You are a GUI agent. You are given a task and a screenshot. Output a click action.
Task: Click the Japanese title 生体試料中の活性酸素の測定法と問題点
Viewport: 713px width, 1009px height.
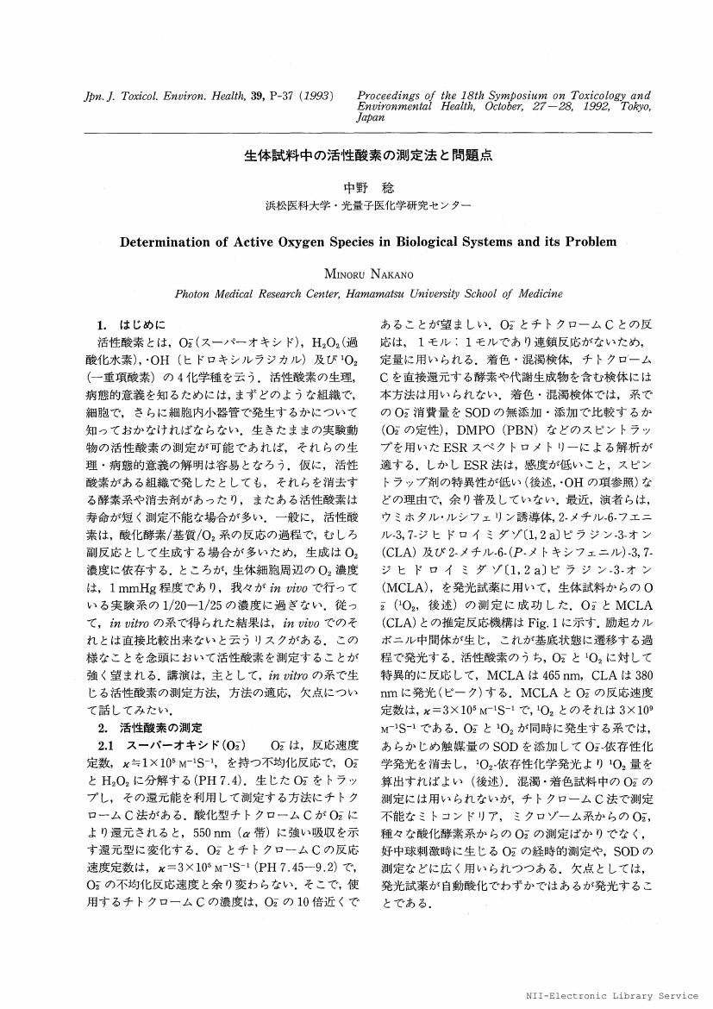coord(356,159)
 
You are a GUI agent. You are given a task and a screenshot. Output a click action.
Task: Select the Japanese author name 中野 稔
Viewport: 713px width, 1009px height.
coord(356,186)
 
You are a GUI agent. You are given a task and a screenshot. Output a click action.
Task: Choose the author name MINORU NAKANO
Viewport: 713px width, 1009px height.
coord(356,273)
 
